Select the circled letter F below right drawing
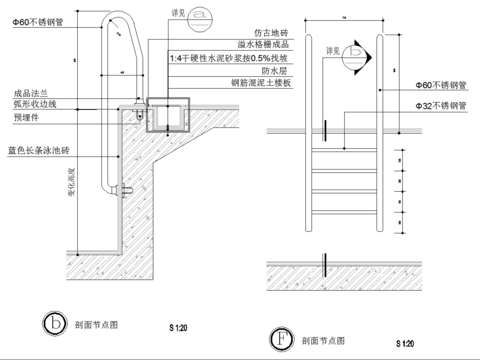coord(282,337)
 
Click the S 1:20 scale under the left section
coord(178,327)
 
